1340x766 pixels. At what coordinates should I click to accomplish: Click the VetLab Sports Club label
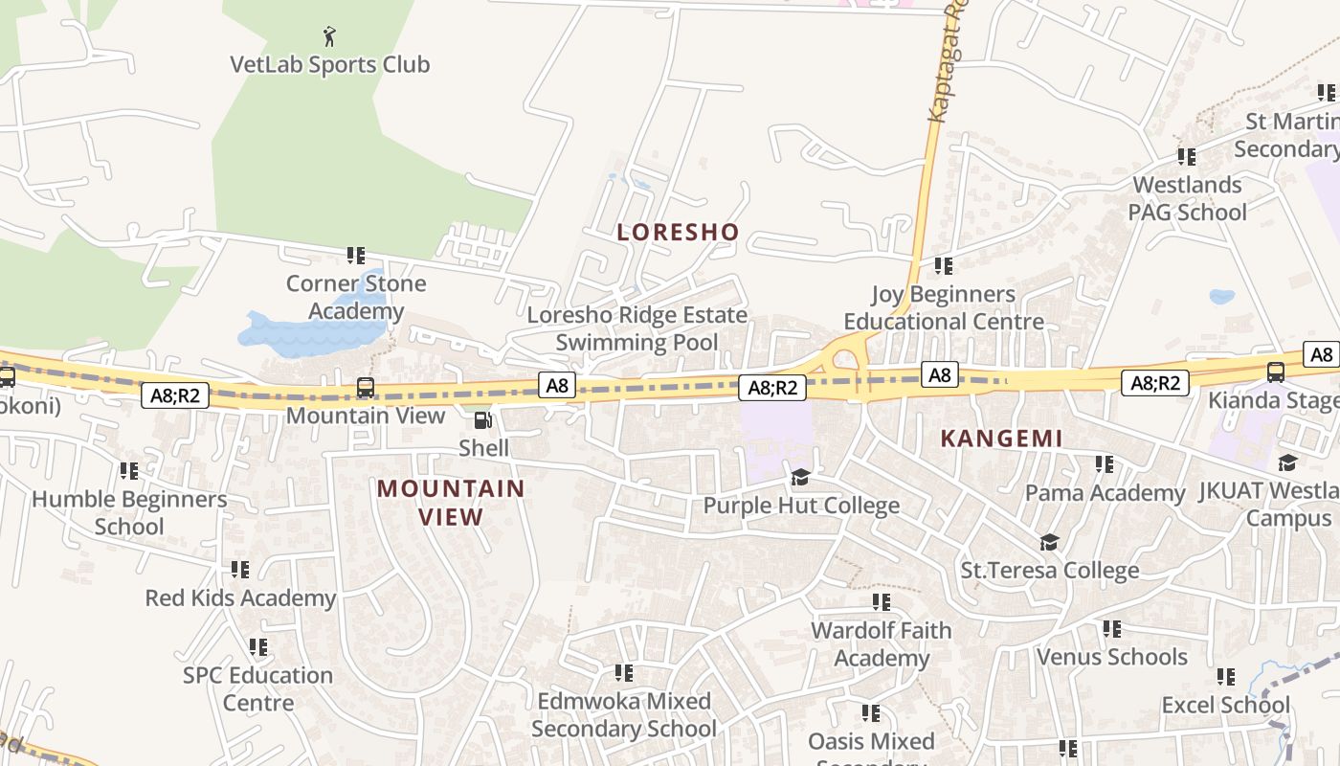click(x=329, y=65)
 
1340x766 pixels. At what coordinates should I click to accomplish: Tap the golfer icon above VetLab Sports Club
click(x=330, y=36)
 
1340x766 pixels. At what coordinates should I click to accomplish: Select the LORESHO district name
click(x=678, y=232)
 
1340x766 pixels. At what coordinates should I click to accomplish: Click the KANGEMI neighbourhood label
click(x=1001, y=439)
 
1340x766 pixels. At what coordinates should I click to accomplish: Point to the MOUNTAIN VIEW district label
click(x=451, y=503)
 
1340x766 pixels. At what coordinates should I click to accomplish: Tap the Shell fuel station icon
click(x=483, y=420)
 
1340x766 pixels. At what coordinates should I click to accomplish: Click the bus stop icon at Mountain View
click(x=366, y=388)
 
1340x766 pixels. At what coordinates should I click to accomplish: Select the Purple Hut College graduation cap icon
click(x=800, y=477)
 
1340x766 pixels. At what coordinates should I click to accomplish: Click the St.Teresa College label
click(x=1049, y=571)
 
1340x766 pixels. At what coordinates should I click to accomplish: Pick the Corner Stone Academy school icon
click(x=356, y=256)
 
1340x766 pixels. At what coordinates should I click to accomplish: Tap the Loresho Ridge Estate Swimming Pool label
click(x=636, y=328)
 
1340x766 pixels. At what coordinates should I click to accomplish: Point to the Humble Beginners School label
click(x=129, y=512)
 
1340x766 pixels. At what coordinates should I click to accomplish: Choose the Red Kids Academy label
click(x=240, y=598)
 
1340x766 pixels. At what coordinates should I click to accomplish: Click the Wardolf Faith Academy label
click(x=881, y=643)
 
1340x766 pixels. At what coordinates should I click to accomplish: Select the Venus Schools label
click(x=1111, y=657)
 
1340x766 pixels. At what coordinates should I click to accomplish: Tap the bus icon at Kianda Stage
click(x=1275, y=372)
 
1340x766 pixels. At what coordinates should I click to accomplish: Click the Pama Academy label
click(x=1105, y=492)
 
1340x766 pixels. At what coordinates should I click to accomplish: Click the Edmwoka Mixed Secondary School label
click(x=623, y=714)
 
